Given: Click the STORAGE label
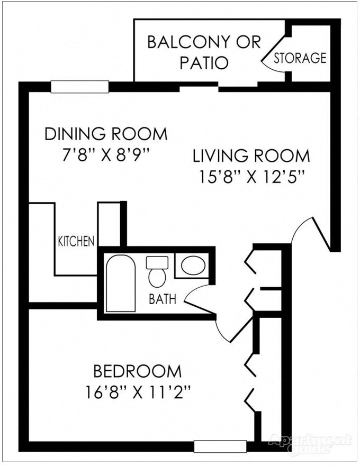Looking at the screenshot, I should tap(300, 58).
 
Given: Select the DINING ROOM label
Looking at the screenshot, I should tap(106, 134).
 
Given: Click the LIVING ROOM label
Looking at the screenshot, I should tap(251, 156).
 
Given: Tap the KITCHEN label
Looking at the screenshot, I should tap(76, 242).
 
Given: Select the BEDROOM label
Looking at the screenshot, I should tap(137, 371).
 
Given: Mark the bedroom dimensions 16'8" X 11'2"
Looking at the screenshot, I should tap(137, 392).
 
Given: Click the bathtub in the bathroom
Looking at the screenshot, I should tap(121, 284).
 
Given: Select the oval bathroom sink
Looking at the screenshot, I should tap(192, 266).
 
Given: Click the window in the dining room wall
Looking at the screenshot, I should tap(79, 87).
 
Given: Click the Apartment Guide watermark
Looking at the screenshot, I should tap(310, 443).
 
